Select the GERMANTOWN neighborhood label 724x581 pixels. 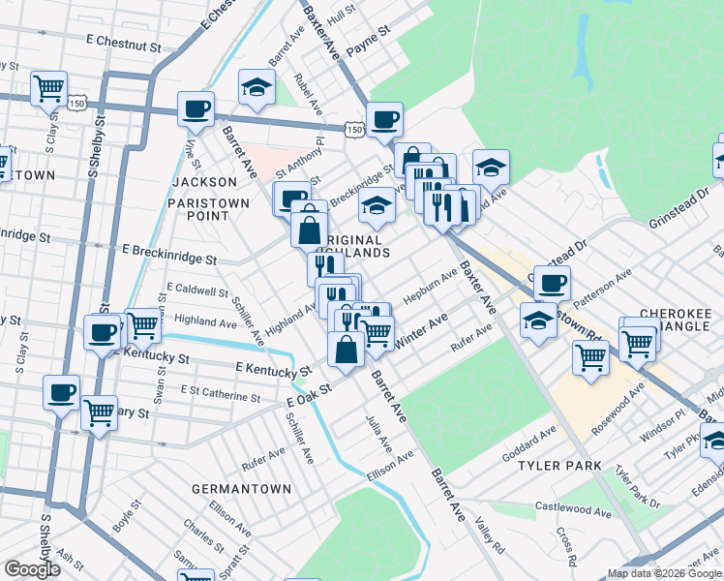241,489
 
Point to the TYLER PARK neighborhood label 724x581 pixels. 559,466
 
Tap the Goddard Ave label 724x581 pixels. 528,443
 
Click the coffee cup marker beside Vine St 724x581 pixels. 196,109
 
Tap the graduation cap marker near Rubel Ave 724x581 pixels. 256,89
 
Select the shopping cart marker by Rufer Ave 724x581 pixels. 590,356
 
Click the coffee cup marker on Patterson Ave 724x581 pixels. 552,284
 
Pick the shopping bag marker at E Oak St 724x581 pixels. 346,349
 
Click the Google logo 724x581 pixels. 33,569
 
